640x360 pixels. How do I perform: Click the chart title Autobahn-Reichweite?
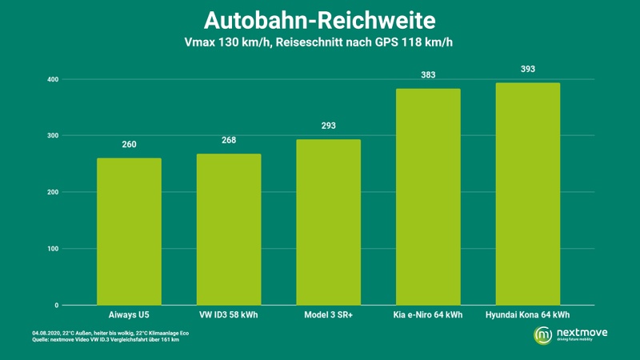click(x=319, y=19)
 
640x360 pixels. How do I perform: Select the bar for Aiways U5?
click(x=129, y=232)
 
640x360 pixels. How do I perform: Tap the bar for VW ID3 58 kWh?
click(x=229, y=230)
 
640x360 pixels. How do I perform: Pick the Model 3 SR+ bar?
click(x=328, y=222)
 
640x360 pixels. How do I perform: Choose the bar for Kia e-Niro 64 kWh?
click(x=428, y=197)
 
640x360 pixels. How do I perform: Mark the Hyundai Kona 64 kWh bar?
click(x=527, y=194)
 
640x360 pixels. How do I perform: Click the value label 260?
click(x=129, y=145)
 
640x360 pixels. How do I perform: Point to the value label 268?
click(x=229, y=141)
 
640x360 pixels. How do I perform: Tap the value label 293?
click(x=328, y=126)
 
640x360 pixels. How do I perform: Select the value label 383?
click(x=428, y=75)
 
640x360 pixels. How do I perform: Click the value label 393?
click(x=527, y=70)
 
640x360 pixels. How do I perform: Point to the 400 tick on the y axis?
click(x=52, y=79)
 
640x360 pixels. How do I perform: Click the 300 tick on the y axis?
click(x=52, y=136)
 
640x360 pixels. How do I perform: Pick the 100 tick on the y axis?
click(x=52, y=249)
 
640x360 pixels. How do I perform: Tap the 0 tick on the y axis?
click(x=56, y=306)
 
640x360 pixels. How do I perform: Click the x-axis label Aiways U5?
click(x=129, y=316)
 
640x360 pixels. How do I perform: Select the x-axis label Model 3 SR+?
click(x=328, y=316)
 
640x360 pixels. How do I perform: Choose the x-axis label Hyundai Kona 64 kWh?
click(x=527, y=316)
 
